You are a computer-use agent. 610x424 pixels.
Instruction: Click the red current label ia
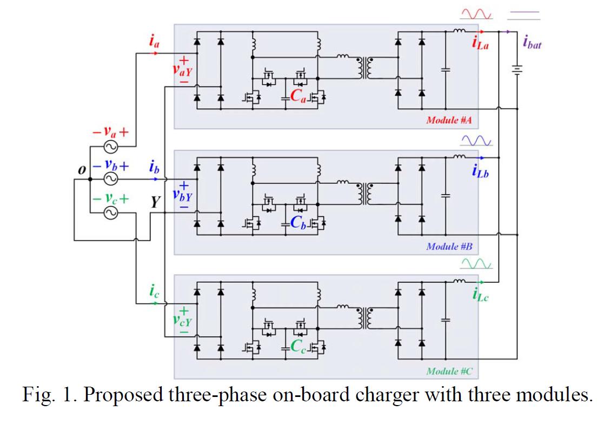pyautogui.click(x=154, y=41)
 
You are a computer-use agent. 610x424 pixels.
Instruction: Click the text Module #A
pyautogui.click(x=449, y=120)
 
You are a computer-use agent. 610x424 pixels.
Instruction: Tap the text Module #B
pyautogui.click(x=449, y=246)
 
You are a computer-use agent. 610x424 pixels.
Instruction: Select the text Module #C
pyautogui.click(x=449, y=371)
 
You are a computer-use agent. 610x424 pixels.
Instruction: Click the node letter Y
pyautogui.click(x=156, y=203)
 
